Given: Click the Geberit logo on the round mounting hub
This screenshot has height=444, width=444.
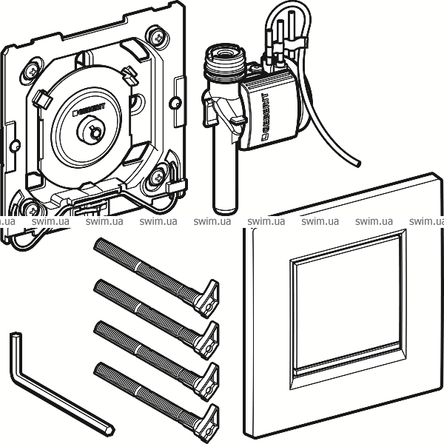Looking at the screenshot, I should tap(90, 112).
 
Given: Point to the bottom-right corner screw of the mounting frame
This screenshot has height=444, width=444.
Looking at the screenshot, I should tap(161, 177).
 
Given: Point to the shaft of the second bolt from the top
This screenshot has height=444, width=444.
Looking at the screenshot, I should tap(148, 304).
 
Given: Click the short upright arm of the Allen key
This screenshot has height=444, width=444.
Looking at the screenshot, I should tap(17, 355).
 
